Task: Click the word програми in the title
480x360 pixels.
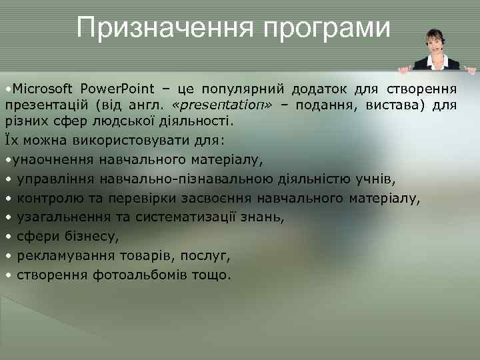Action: coord(327,28)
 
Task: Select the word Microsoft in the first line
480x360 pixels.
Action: coord(41,89)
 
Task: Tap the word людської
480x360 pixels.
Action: coord(137,122)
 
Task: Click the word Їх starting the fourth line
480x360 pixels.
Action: coord(12,141)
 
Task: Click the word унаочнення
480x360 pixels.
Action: coord(53,160)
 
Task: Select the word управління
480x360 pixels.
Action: coord(57,179)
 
